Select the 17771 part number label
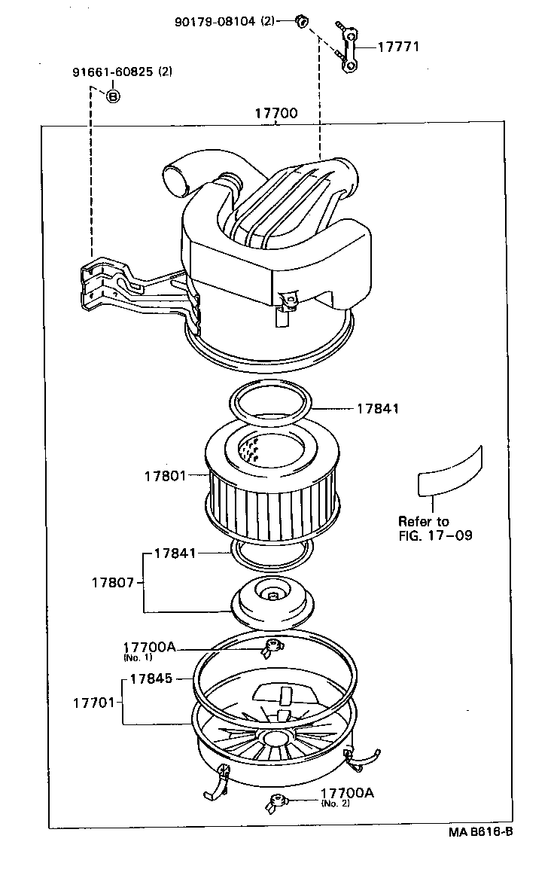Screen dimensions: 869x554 coord(397,47)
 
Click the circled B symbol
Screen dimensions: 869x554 coord(112,96)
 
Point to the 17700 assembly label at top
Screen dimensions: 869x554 coord(275,114)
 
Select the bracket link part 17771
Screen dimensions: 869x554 coord(349,48)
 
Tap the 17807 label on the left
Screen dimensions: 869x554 coord(114,583)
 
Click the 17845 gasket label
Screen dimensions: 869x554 coord(151,678)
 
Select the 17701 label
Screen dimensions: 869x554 coord(94,703)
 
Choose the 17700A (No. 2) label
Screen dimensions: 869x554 coord(347,794)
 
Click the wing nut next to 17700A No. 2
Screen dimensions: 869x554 coord(274,803)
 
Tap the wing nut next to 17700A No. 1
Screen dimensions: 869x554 coord(272,647)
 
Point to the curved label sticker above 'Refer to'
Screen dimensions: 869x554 coord(449,473)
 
